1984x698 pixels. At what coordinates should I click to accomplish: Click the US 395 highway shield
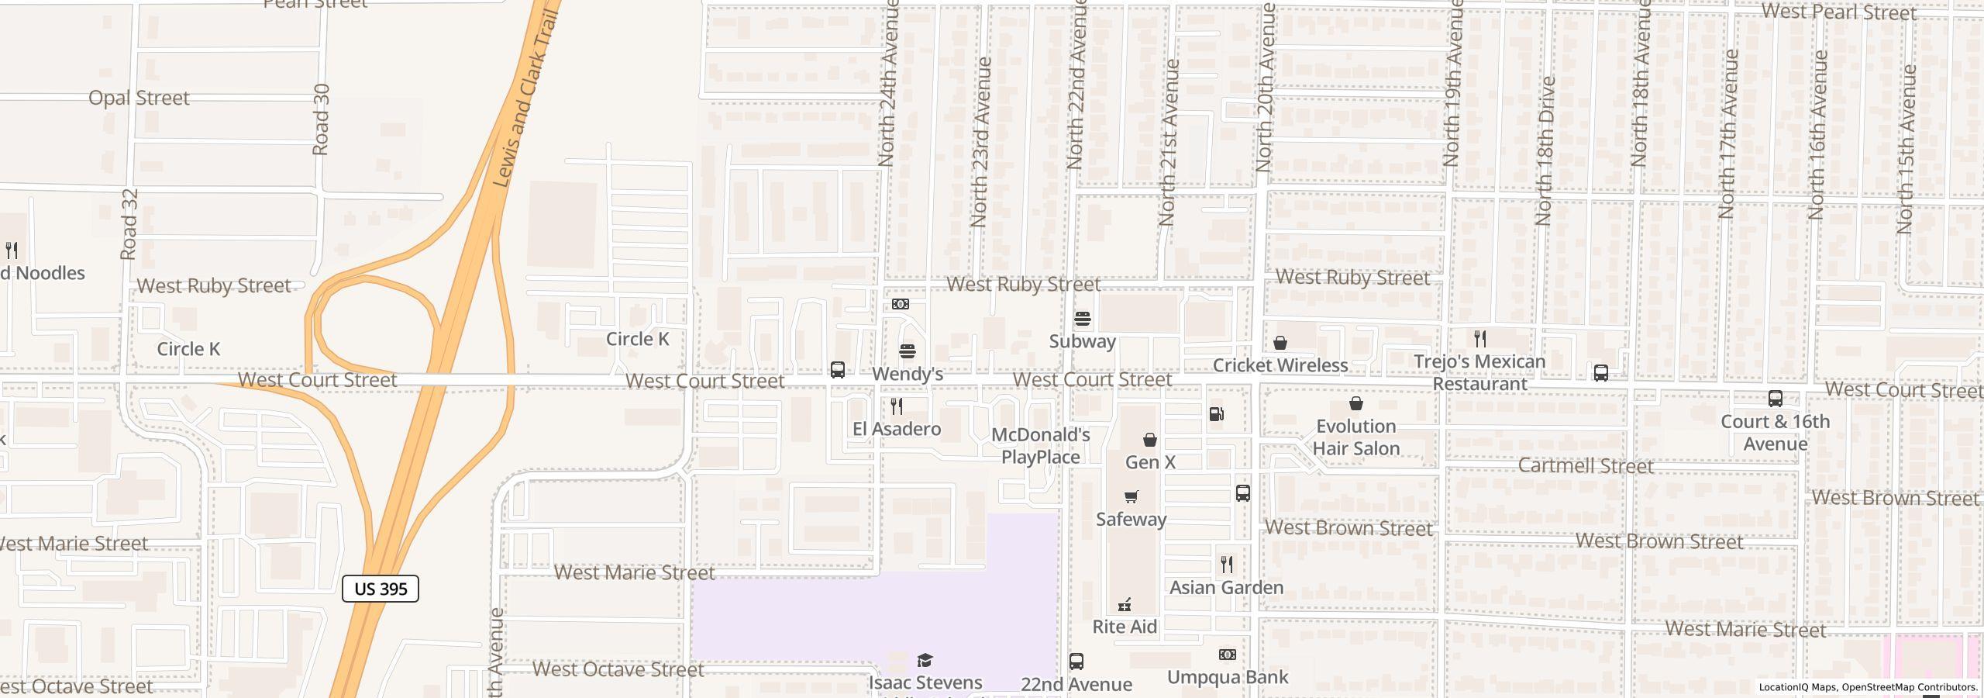pos(381,589)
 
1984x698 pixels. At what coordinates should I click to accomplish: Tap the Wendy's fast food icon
pos(908,351)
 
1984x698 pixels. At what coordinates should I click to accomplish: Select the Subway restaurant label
pos(1082,341)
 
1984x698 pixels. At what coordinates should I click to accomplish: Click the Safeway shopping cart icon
pos(1131,496)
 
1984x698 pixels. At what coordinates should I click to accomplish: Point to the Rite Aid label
pos(1125,627)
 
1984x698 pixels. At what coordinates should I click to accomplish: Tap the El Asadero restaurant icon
pos(897,406)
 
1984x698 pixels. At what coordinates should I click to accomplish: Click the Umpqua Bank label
pos(1228,677)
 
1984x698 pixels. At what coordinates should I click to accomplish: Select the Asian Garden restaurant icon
pos(1227,565)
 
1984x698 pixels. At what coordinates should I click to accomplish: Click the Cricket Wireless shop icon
pos(1280,343)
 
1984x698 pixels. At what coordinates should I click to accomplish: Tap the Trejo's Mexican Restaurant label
pos(1479,373)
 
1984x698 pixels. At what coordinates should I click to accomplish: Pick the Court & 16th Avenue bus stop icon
pos(1776,399)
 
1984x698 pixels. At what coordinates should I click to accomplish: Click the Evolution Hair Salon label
pos(1356,437)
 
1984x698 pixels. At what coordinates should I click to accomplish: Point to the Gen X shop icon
pos(1150,440)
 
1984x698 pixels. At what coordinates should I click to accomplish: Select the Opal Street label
pos(139,98)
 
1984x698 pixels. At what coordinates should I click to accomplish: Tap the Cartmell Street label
pos(1586,466)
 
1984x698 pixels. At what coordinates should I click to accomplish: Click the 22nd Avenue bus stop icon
pos(1076,662)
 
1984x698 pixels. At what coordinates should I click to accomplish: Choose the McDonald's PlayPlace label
pos(1041,446)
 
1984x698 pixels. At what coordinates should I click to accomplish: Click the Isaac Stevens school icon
pos(925,660)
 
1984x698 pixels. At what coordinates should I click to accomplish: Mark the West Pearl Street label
pos(1838,12)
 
